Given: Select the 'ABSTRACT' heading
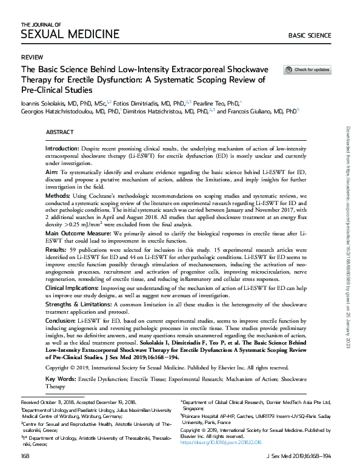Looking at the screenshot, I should tap(59, 132).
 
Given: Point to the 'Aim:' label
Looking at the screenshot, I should tap(53, 173).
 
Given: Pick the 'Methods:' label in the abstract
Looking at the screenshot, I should tap(61, 197).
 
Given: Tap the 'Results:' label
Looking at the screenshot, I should tap(58, 249).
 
